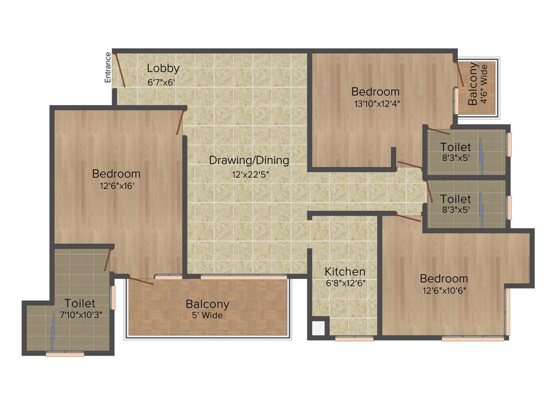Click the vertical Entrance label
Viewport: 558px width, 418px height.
click(108, 67)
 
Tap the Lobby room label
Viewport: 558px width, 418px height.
click(163, 69)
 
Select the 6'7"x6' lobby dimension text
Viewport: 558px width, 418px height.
click(161, 83)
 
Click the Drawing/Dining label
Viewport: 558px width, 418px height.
click(249, 161)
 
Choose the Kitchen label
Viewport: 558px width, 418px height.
click(345, 272)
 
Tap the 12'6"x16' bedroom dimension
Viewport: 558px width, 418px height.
click(117, 186)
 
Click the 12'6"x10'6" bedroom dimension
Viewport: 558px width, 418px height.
click(444, 291)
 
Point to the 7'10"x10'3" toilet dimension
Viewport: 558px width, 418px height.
click(80, 315)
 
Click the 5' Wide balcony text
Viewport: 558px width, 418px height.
click(208, 315)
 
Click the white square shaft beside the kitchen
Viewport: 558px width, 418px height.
click(318, 328)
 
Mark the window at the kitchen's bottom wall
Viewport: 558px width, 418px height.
click(354, 339)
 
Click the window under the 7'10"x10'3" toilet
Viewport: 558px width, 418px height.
click(65, 354)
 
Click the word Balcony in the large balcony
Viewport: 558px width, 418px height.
click(208, 304)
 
